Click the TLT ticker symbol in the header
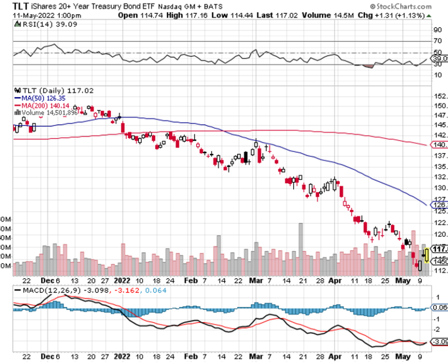point(21,6)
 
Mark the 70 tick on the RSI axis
point(438,41)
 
